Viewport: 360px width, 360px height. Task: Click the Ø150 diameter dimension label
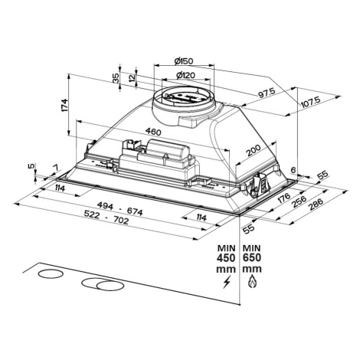tap(184, 61)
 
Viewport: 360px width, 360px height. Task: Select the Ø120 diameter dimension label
tap(185, 75)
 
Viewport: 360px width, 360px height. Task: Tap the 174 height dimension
tap(65, 105)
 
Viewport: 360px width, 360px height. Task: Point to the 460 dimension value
tap(153, 132)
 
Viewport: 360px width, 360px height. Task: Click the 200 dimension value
tap(254, 150)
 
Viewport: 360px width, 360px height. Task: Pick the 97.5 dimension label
tap(267, 93)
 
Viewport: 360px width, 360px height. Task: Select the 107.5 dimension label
tap(310, 102)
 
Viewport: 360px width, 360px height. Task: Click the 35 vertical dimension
tap(116, 78)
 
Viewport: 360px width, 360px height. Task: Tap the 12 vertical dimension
tap(132, 78)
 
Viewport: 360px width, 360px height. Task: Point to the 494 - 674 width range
tap(120, 209)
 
